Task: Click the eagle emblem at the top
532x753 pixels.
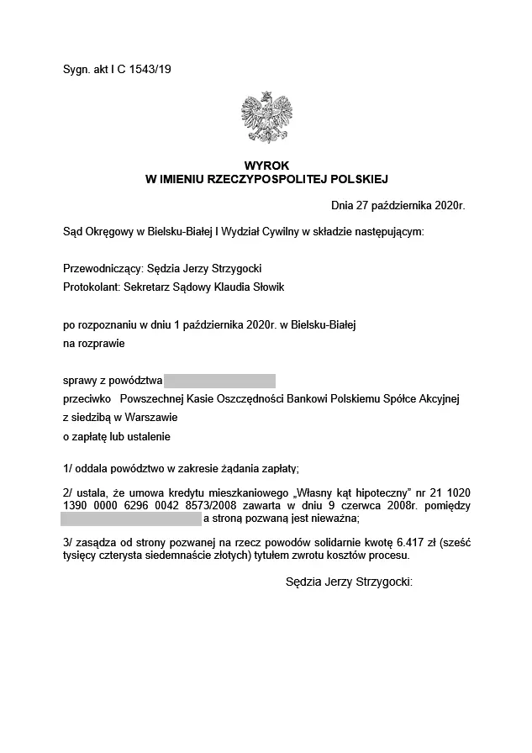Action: tap(266, 118)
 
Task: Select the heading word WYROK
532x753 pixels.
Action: tap(266, 166)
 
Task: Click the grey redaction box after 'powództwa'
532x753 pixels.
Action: tap(220, 380)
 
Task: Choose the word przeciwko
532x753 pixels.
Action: tap(87, 398)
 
